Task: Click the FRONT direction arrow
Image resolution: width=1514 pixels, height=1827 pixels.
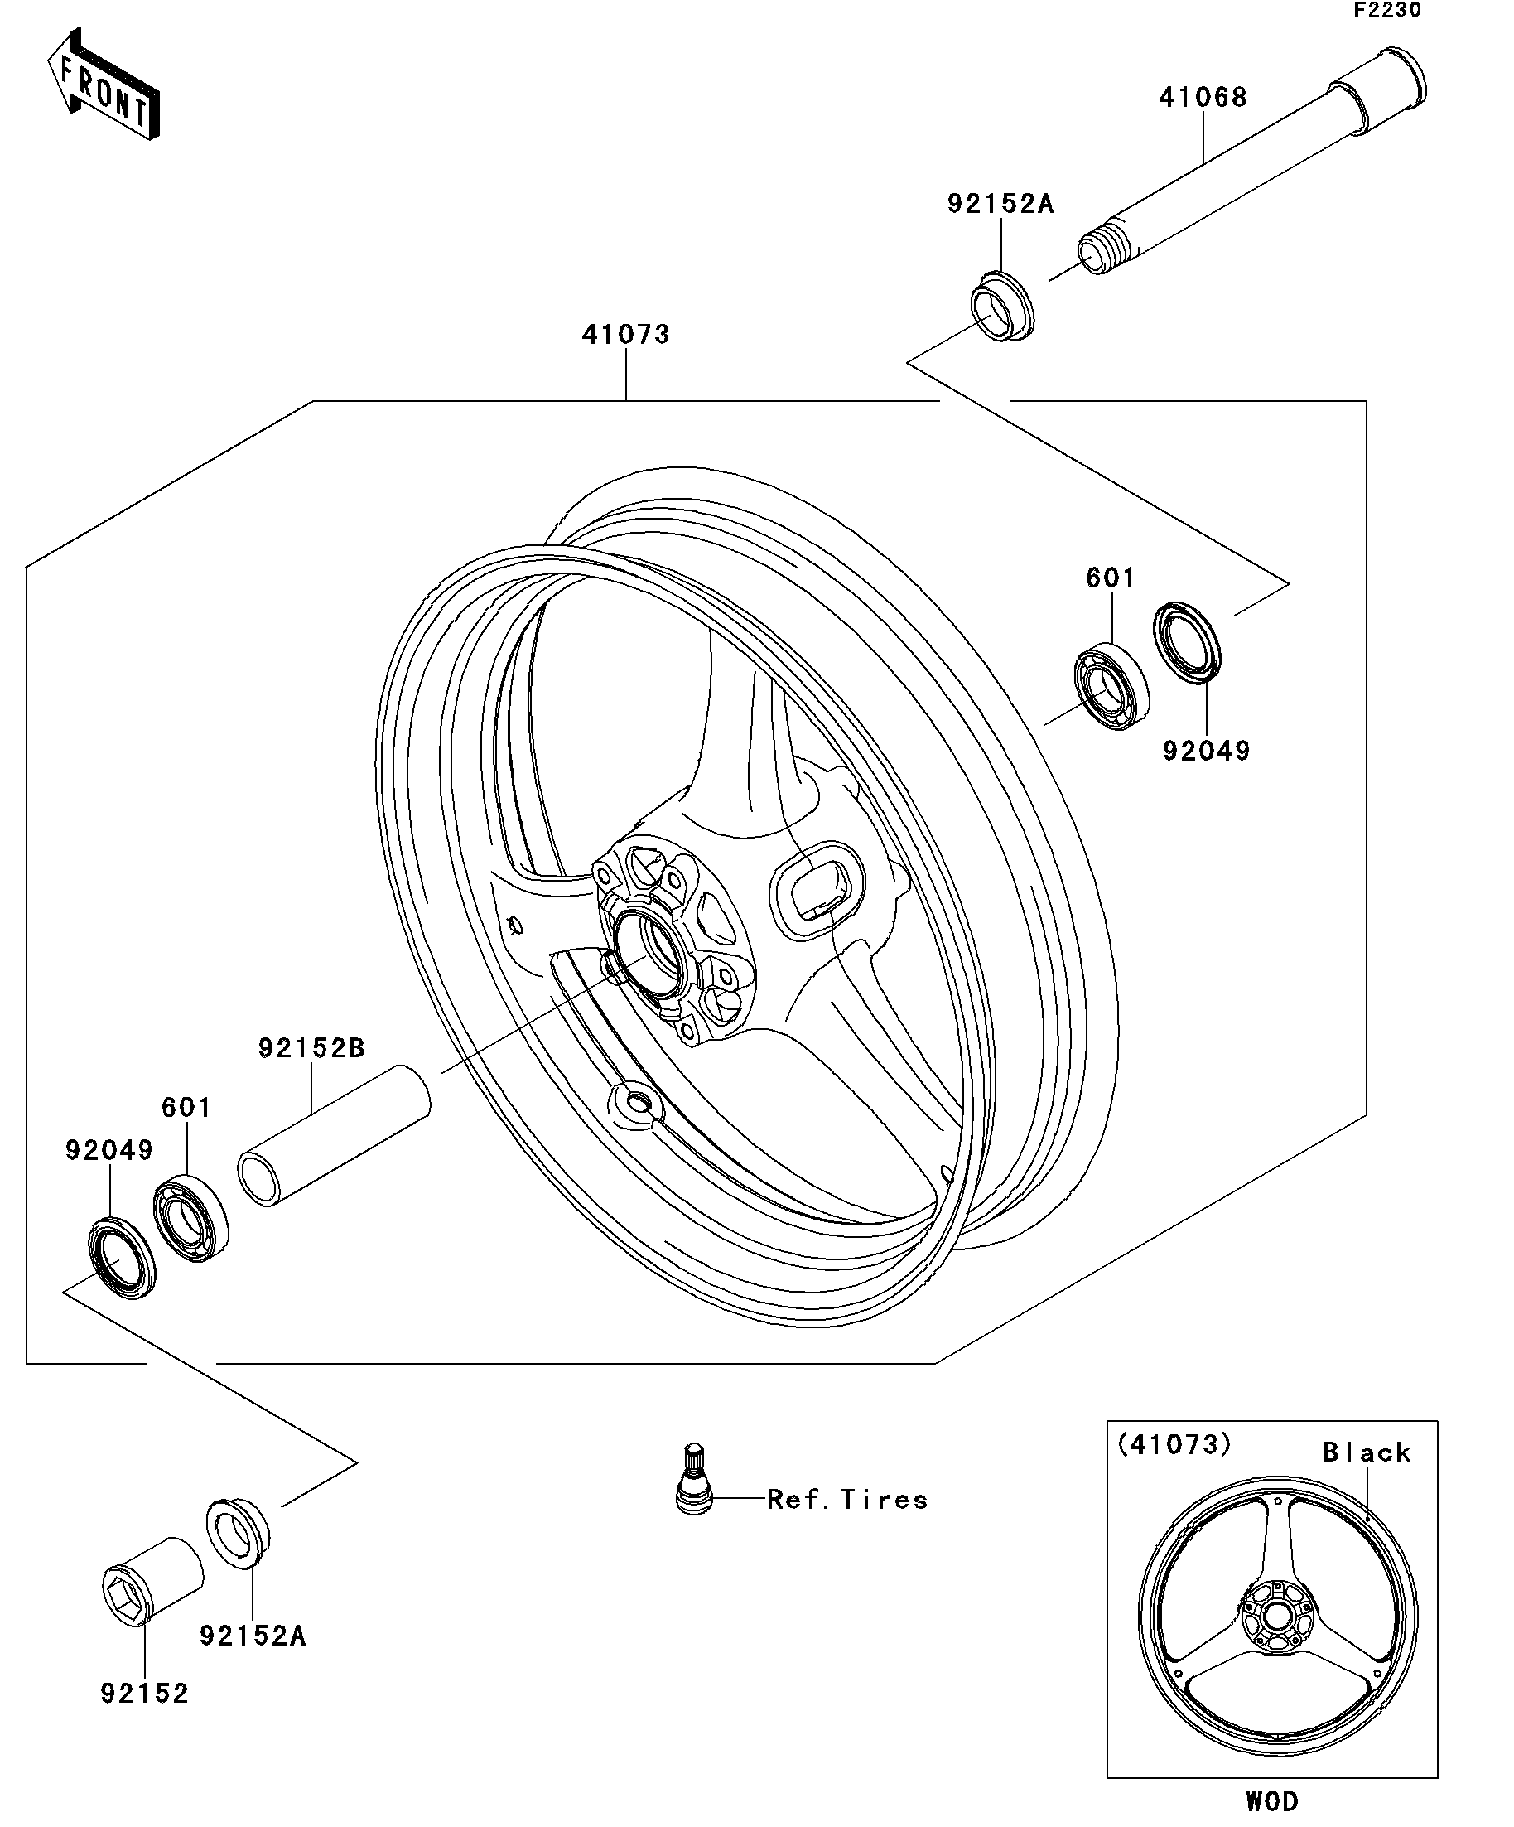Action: coord(103,85)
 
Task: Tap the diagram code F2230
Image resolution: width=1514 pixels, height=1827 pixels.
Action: coord(1386,11)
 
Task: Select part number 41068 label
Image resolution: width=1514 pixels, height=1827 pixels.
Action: coord(1203,98)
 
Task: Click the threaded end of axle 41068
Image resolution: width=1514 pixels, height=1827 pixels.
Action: coord(1099,252)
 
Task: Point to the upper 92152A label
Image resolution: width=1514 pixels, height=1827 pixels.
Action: coord(1000,205)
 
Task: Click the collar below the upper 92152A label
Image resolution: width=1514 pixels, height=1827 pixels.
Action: coord(1002,307)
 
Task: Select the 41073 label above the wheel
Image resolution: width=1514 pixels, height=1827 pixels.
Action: coord(625,335)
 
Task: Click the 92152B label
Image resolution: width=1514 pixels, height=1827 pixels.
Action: coord(311,1048)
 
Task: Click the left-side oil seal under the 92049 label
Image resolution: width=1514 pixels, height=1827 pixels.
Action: coord(122,1259)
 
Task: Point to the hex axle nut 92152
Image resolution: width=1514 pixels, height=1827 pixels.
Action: coord(150,1591)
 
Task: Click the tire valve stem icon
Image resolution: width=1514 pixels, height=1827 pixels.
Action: coord(693,1490)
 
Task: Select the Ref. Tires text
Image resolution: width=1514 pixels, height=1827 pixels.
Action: coord(847,1499)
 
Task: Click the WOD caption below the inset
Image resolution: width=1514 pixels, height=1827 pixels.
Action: coord(1271,1810)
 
